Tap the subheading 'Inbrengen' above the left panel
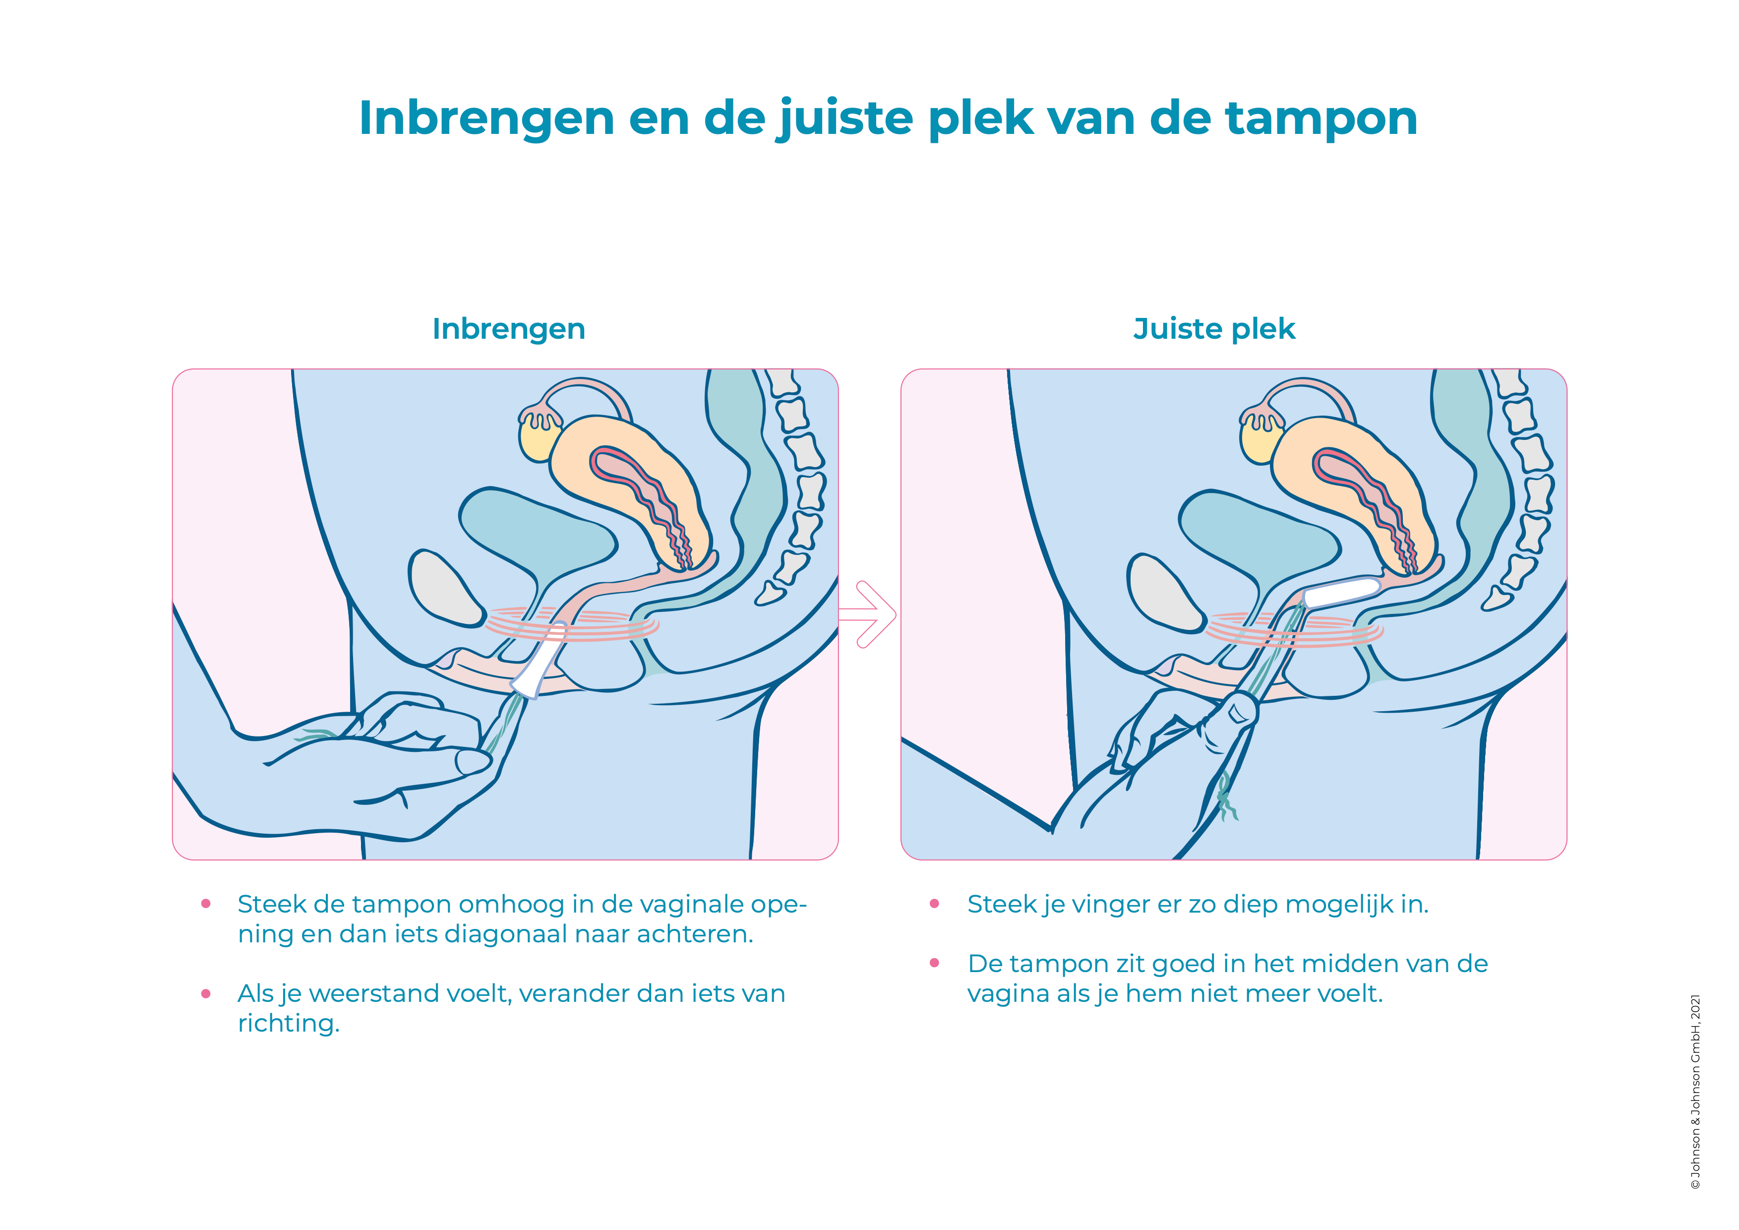[508, 329]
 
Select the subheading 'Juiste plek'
[1214, 329]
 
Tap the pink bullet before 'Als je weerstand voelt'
[205, 994]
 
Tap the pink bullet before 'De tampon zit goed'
[935, 963]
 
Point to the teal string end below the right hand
[1226, 797]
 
